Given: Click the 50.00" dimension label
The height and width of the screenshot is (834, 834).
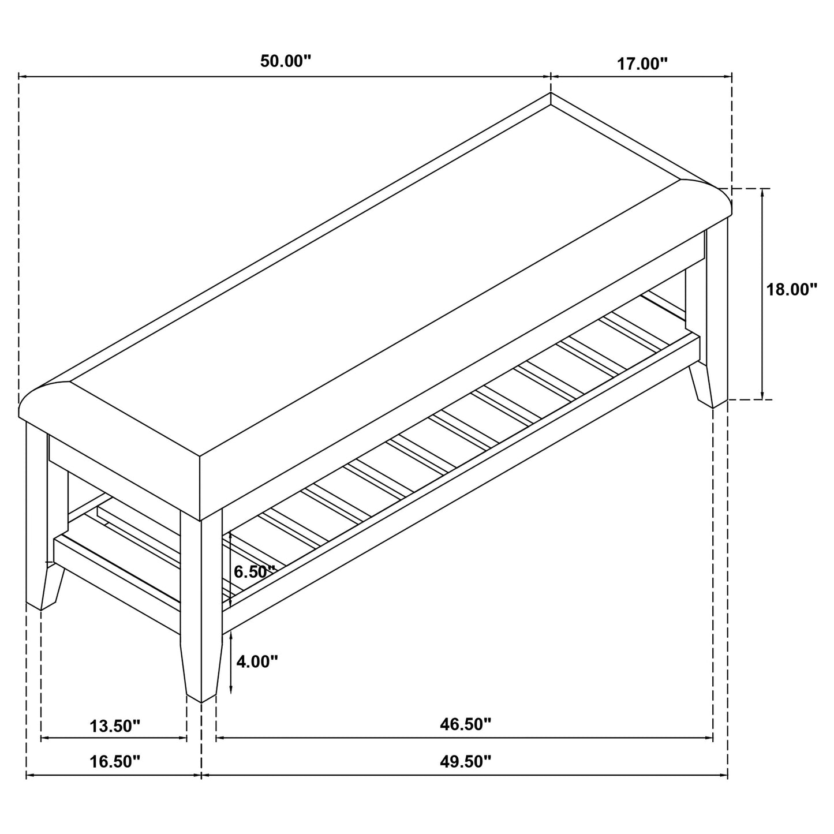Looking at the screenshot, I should [x=285, y=61].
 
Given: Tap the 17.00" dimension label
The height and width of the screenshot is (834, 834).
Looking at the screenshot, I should [x=642, y=63].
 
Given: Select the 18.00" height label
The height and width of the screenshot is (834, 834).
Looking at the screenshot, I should [x=791, y=289].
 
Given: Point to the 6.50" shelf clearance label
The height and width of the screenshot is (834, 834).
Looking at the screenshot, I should [x=254, y=572].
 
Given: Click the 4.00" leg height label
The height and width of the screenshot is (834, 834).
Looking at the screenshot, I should [x=257, y=661].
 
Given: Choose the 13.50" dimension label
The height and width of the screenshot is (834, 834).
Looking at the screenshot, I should [x=115, y=725].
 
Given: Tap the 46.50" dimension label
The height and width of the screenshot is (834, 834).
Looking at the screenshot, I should [x=465, y=724].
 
